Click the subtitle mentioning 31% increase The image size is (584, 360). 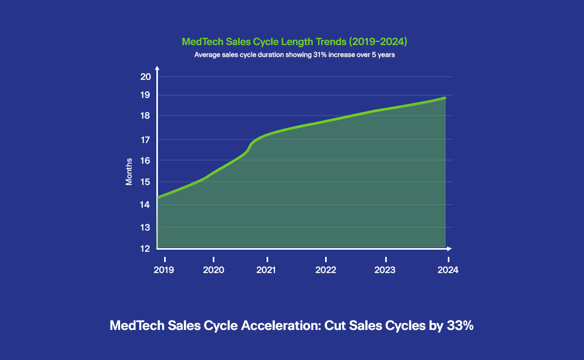[295, 54]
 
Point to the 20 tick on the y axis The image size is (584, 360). [145, 77]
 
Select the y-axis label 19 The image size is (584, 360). [145, 95]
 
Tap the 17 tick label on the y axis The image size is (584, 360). [145, 139]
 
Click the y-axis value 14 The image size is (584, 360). [145, 205]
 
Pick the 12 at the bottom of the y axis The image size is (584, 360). [145, 249]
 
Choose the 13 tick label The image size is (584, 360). [145, 227]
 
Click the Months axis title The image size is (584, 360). [129, 171]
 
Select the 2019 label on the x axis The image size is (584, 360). [164, 270]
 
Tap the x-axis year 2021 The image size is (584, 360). [267, 270]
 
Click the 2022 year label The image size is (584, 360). [326, 270]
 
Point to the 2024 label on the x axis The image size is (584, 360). [448, 270]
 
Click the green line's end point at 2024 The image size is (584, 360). [445, 97]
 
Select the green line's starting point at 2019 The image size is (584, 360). [158, 197]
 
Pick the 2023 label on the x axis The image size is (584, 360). [385, 270]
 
